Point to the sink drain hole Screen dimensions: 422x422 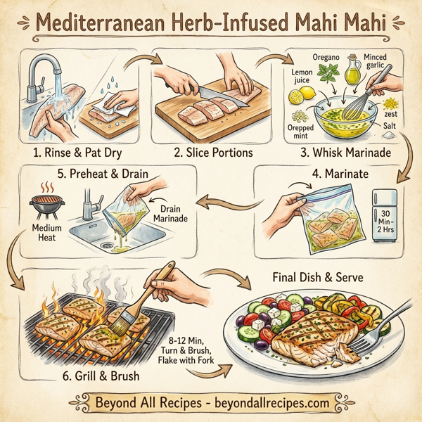click(x=107, y=245)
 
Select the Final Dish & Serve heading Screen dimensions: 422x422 click(x=318, y=277)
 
